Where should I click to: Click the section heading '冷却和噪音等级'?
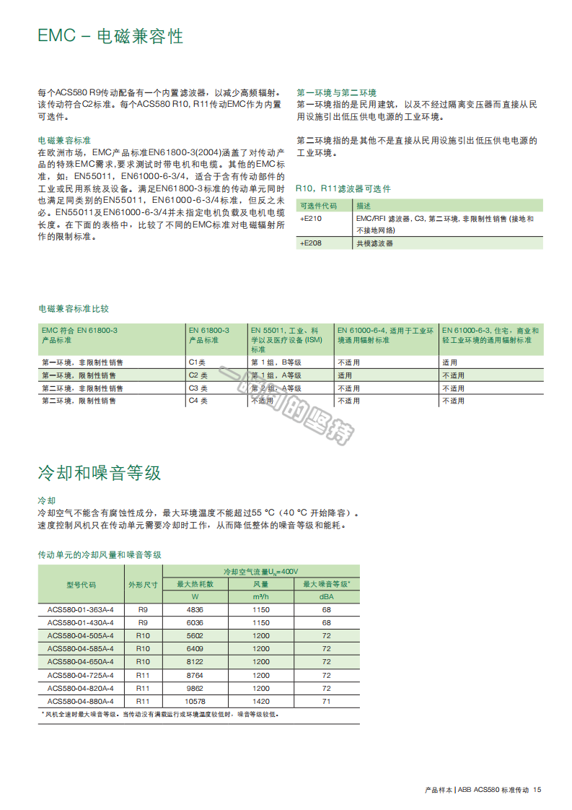100,473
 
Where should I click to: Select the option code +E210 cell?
311,218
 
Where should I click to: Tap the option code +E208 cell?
311,243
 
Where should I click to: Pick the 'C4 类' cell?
198,400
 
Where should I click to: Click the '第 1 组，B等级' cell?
276,362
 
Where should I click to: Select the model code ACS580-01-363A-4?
81,609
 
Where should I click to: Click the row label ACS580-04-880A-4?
81,700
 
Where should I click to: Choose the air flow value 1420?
261,700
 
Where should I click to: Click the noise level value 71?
326,700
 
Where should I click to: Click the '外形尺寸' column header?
142,585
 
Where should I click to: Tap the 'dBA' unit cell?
326,597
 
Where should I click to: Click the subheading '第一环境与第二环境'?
337,92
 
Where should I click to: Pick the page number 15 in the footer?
537,791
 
